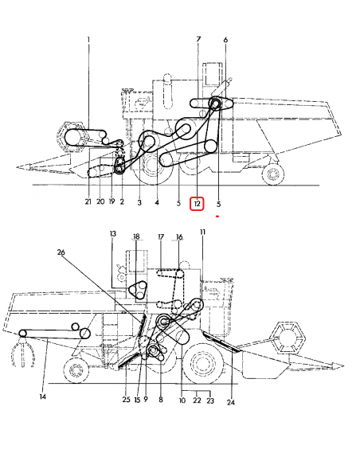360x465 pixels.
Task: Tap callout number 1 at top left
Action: click(x=88, y=39)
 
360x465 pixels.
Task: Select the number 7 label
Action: click(x=198, y=39)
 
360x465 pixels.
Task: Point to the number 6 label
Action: click(x=225, y=39)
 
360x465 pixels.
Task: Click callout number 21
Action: click(x=88, y=203)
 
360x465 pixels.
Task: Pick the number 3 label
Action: click(x=139, y=203)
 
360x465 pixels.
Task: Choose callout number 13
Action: click(x=113, y=234)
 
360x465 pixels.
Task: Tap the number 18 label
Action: click(x=136, y=236)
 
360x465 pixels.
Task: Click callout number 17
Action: click(x=161, y=236)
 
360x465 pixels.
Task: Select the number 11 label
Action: click(x=202, y=232)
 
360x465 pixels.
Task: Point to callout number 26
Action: click(x=61, y=253)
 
